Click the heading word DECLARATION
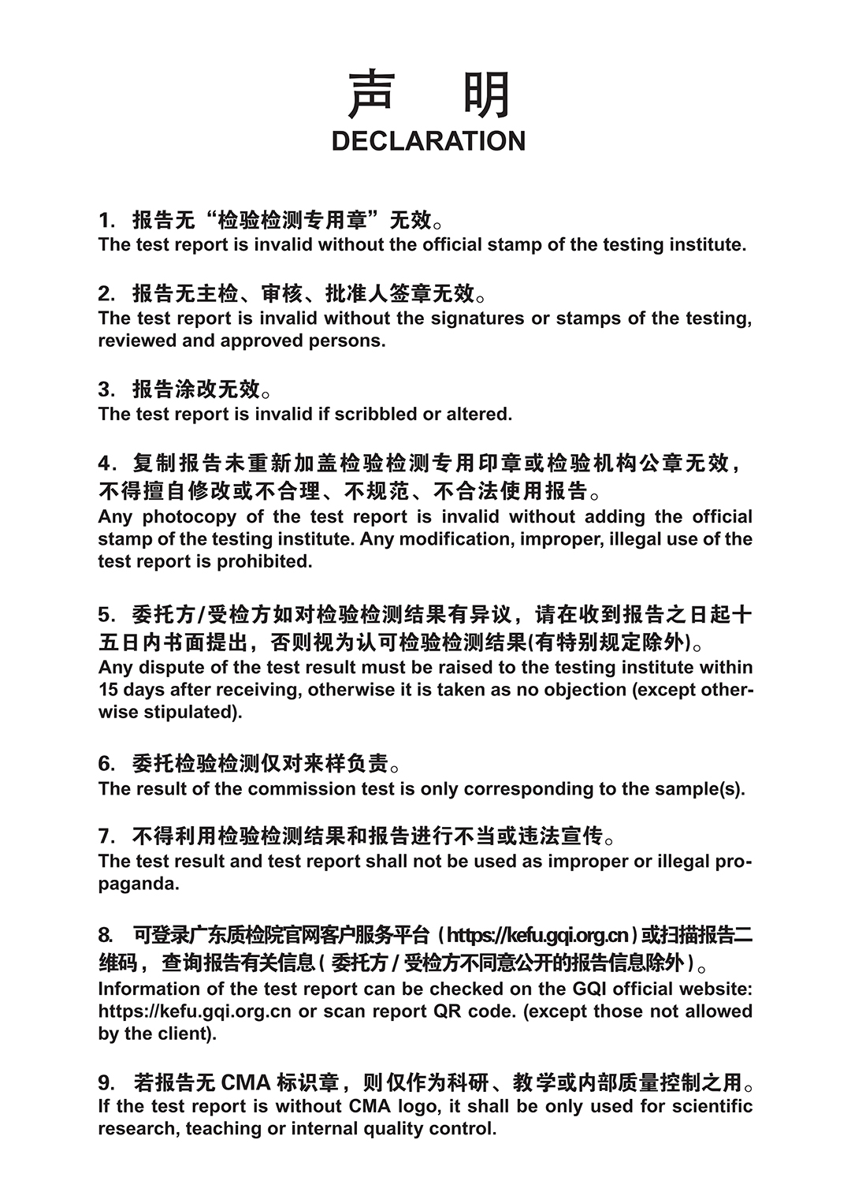coord(428,141)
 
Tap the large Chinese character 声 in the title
coord(372,95)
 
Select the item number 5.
coord(105,614)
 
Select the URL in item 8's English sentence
coord(195,1011)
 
